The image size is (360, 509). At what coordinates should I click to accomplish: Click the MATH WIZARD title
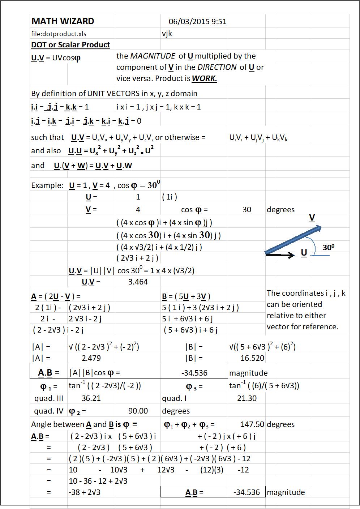point(63,21)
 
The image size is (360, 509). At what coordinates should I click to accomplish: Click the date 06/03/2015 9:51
point(197,22)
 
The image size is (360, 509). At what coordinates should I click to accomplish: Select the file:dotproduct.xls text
point(59,34)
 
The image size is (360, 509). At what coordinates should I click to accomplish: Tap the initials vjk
point(167,34)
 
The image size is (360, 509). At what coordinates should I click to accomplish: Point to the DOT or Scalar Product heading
point(70,45)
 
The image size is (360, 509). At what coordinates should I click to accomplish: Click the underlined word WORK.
point(204,78)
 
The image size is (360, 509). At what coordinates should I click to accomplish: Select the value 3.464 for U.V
point(138,282)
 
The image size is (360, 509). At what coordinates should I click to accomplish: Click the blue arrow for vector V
point(293,240)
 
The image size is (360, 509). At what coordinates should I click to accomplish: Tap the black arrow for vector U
point(280,255)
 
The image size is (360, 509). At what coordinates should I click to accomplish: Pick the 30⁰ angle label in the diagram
point(328,248)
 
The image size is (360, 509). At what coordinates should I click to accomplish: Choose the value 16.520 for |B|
point(252,358)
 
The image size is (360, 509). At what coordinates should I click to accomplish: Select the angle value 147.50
point(252,424)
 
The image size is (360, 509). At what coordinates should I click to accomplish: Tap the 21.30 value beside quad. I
point(247,398)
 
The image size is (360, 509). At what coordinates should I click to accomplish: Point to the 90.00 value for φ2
point(138,411)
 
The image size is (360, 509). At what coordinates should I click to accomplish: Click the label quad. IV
point(48,411)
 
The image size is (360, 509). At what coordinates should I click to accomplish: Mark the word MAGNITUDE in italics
point(153,56)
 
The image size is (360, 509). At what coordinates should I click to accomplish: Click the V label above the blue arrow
point(312,218)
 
